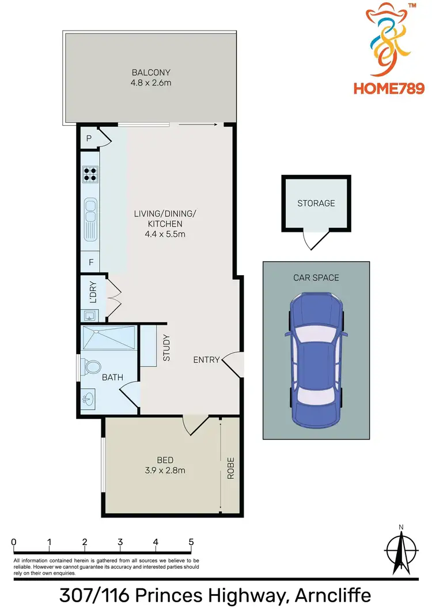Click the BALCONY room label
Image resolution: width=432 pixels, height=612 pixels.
(x=151, y=73)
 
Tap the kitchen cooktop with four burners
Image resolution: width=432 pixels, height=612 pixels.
(x=90, y=174)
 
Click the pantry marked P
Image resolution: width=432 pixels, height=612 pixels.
(x=89, y=138)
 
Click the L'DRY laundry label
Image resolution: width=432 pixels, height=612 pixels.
(x=93, y=292)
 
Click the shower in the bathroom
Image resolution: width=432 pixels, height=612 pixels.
(x=108, y=337)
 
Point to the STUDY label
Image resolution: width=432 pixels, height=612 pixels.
(x=166, y=348)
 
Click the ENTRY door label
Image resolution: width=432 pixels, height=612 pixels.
(x=206, y=360)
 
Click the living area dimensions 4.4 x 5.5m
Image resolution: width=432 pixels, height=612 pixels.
(x=165, y=234)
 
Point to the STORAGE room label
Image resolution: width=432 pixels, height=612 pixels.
(x=316, y=203)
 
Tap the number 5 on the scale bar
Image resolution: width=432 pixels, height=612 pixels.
(x=191, y=542)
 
